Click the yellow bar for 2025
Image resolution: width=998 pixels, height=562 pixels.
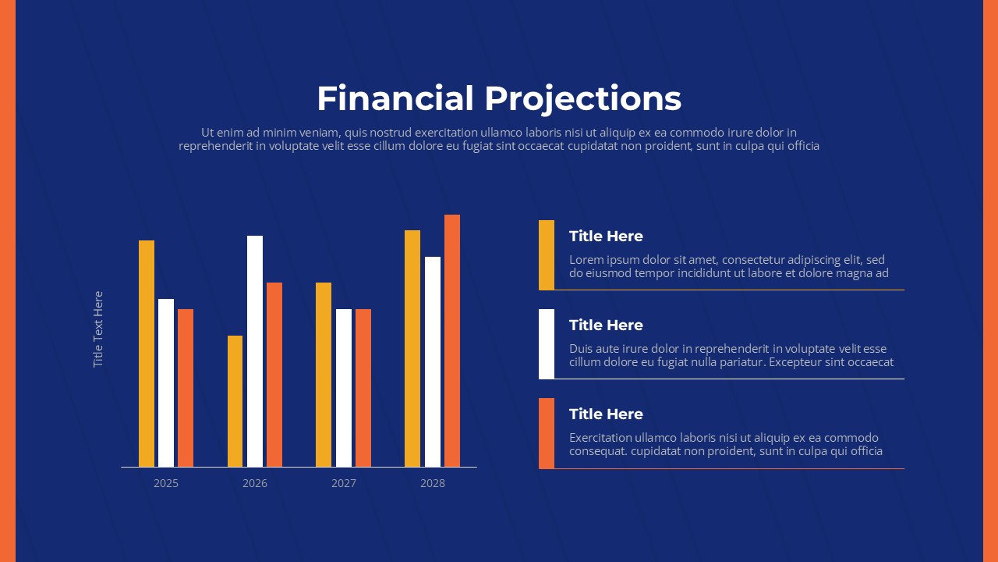click(x=147, y=354)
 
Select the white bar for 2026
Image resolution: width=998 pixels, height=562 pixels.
click(x=255, y=351)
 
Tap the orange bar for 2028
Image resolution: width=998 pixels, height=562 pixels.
click(x=452, y=341)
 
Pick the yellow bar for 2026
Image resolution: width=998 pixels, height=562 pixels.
click(x=235, y=401)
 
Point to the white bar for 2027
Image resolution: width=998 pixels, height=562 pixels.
click(x=344, y=388)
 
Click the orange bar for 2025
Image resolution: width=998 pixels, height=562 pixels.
click(x=186, y=388)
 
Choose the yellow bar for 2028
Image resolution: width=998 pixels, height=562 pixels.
click(x=412, y=348)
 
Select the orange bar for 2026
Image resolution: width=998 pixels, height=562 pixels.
click(x=274, y=375)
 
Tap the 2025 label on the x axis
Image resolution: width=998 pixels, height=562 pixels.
click(x=166, y=483)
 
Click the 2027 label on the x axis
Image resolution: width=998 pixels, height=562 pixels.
click(x=344, y=483)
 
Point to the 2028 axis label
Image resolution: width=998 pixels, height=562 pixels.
click(x=433, y=483)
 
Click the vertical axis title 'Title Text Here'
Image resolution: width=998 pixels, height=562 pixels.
click(x=98, y=329)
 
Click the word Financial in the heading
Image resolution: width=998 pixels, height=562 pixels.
click(x=395, y=98)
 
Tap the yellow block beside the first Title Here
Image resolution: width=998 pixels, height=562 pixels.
click(x=547, y=254)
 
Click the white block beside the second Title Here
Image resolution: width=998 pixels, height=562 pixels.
click(x=547, y=344)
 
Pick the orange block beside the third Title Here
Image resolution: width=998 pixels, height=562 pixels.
click(x=547, y=433)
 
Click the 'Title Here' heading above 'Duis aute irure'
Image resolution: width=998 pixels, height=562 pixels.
click(x=606, y=325)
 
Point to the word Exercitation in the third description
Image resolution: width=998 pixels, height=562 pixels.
click(x=600, y=438)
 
